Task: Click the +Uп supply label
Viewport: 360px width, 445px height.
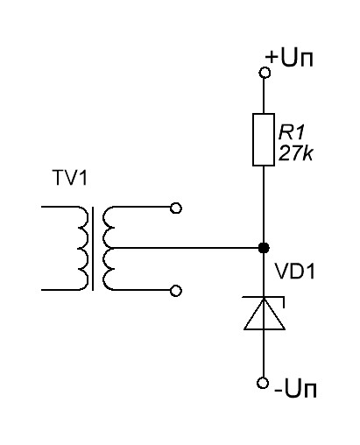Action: [x=289, y=58]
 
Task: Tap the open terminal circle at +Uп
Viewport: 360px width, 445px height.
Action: [x=265, y=73]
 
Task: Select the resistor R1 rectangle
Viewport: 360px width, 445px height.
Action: [x=264, y=139]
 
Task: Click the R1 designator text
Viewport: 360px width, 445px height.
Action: [x=292, y=132]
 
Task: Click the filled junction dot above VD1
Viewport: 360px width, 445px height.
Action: [x=264, y=248]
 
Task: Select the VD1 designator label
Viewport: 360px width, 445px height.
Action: [x=295, y=271]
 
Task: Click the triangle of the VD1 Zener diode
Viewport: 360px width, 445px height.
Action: [x=265, y=314]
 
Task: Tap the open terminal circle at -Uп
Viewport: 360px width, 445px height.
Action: [x=263, y=383]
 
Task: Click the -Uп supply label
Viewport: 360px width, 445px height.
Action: [x=295, y=389]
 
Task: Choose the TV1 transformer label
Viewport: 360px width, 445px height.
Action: [x=70, y=178]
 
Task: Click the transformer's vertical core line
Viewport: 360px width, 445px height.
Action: [x=93, y=249]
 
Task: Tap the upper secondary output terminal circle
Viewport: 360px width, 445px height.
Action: [x=176, y=208]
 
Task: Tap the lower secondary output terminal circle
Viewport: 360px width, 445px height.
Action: [x=176, y=291]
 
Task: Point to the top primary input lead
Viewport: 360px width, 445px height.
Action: [x=60, y=207]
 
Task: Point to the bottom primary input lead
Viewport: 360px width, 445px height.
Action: [x=60, y=290]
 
